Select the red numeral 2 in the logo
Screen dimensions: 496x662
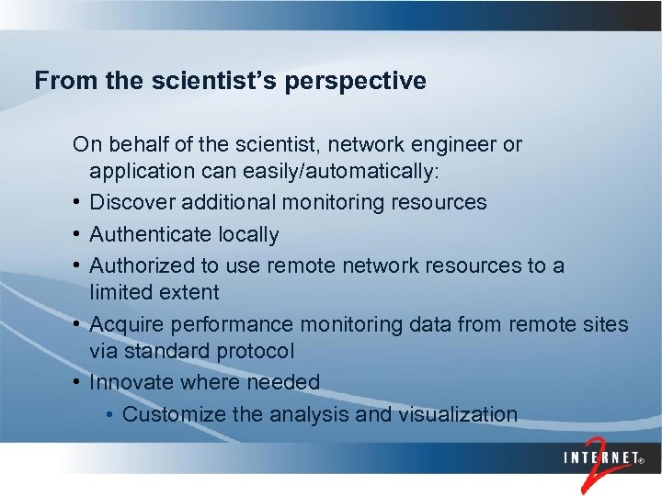point(597,468)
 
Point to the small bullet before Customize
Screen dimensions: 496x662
point(110,415)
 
